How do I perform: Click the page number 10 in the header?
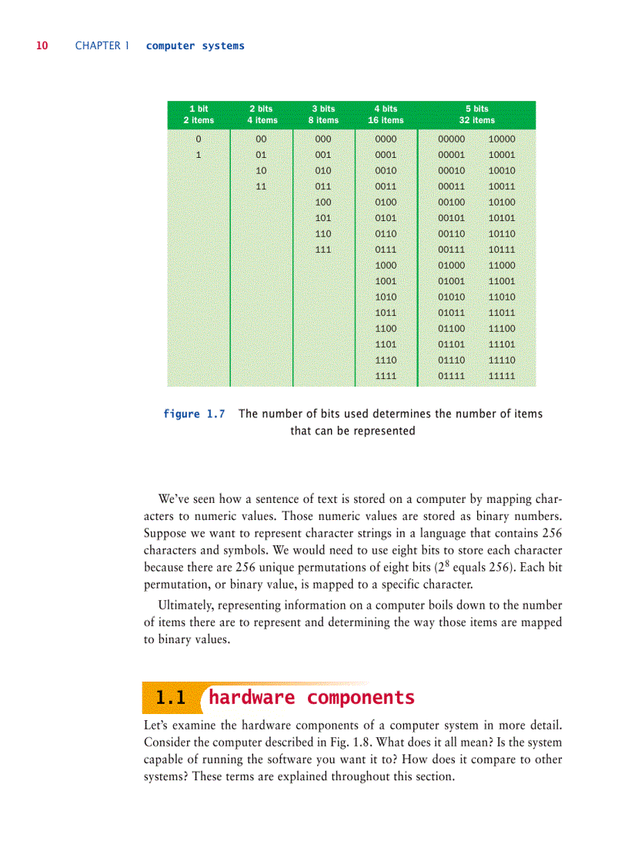point(42,46)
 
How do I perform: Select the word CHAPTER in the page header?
point(98,46)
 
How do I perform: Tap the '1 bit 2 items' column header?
point(199,115)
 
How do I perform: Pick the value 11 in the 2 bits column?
point(261,186)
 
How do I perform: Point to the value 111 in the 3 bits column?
point(323,250)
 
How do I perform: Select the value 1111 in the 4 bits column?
point(386,376)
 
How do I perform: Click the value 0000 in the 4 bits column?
point(386,139)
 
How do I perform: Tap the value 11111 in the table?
point(502,376)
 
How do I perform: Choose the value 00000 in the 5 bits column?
point(451,139)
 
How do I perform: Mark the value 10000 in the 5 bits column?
point(502,139)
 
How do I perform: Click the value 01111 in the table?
point(451,376)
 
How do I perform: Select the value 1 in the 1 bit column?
point(199,155)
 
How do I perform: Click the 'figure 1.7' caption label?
point(194,414)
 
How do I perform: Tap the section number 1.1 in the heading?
point(171,699)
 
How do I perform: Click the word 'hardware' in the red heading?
point(252,698)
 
